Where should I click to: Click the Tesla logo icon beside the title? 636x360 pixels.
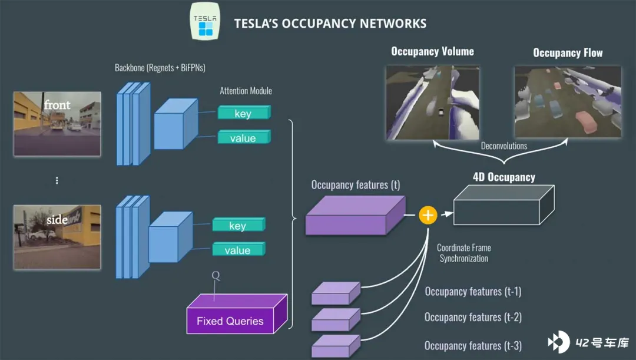(206, 21)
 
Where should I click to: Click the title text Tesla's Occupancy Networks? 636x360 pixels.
(330, 24)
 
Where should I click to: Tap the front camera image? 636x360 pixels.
(57, 124)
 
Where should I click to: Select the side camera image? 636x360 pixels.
(57, 237)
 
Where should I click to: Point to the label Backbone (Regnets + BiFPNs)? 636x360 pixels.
(160, 68)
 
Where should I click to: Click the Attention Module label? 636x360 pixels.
(246, 91)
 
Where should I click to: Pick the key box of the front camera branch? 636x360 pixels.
(244, 113)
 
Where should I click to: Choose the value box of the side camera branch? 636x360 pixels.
(238, 250)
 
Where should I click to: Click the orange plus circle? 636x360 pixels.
(428, 215)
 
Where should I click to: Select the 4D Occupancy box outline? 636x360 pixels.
(503, 204)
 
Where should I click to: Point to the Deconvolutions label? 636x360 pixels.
(504, 146)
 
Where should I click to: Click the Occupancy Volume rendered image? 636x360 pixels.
(433, 103)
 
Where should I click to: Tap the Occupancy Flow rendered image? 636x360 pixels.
(568, 102)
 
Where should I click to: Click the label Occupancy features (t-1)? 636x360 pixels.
(473, 292)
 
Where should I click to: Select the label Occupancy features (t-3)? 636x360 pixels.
(473, 346)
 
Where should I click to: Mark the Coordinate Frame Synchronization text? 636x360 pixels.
(464, 253)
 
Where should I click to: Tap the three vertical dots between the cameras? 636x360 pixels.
(57, 181)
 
